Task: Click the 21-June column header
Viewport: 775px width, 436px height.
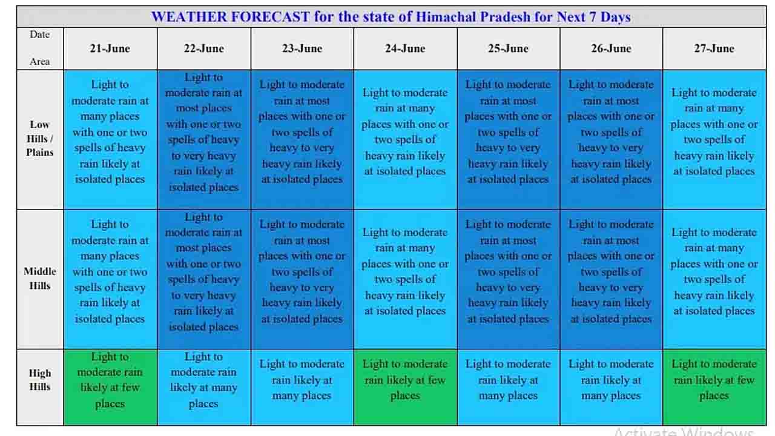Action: (x=110, y=48)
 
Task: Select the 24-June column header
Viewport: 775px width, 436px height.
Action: (x=405, y=48)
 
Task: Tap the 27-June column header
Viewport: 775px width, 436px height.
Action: (x=714, y=48)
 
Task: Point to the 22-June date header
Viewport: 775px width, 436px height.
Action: (x=203, y=48)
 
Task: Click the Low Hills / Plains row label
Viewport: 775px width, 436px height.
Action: (x=40, y=139)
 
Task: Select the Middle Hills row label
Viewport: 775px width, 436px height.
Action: (x=40, y=279)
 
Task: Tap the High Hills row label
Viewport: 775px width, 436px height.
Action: (x=40, y=380)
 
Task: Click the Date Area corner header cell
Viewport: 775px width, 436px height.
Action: (x=40, y=48)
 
